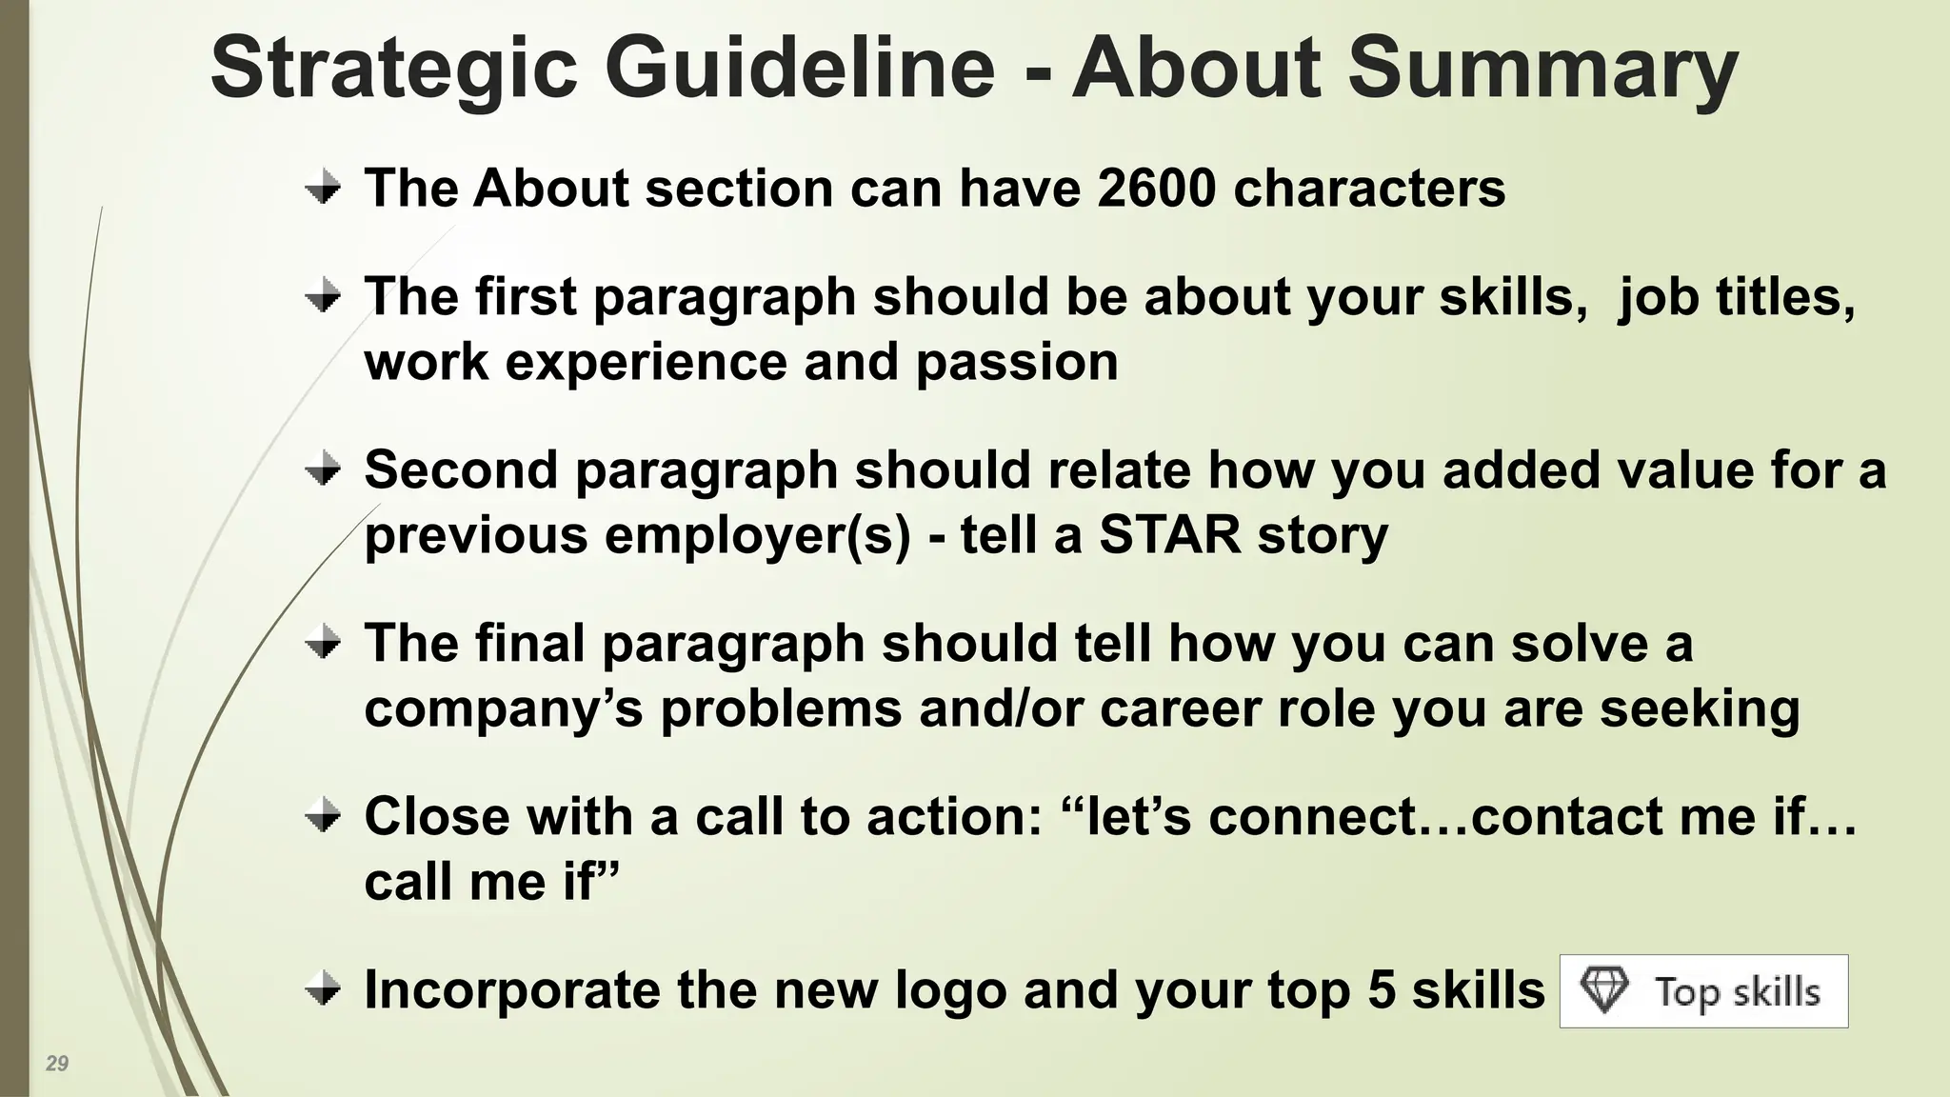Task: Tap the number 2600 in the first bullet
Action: (1156, 188)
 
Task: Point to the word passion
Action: (1017, 362)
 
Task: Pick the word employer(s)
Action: (757, 535)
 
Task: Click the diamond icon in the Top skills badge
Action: (1604, 990)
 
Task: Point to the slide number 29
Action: (57, 1064)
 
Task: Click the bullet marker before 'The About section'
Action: (324, 187)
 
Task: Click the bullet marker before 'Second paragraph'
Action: (324, 469)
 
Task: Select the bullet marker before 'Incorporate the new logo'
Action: (324, 989)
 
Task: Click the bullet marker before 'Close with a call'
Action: (324, 816)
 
